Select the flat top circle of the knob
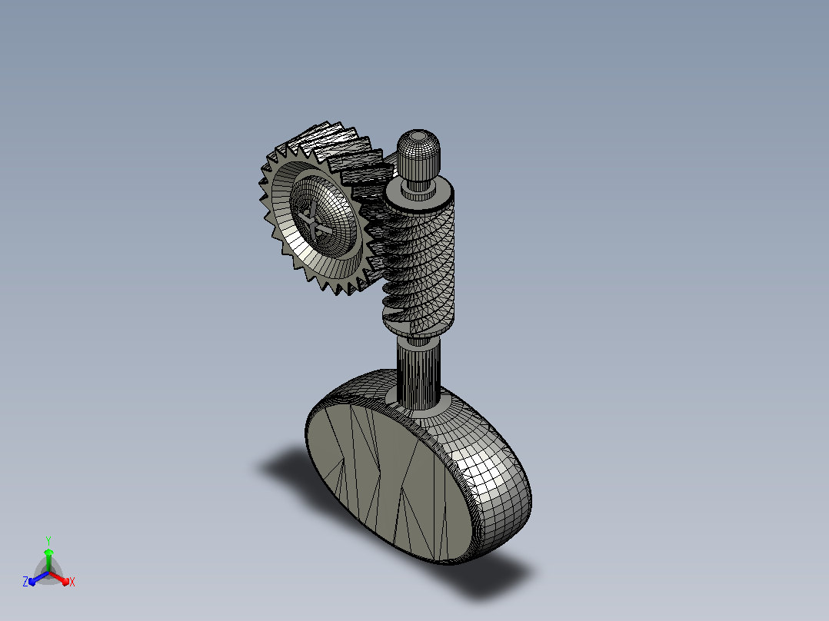[x=418, y=136]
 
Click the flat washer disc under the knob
[x=419, y=194]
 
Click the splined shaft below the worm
[x=418, y=374]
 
